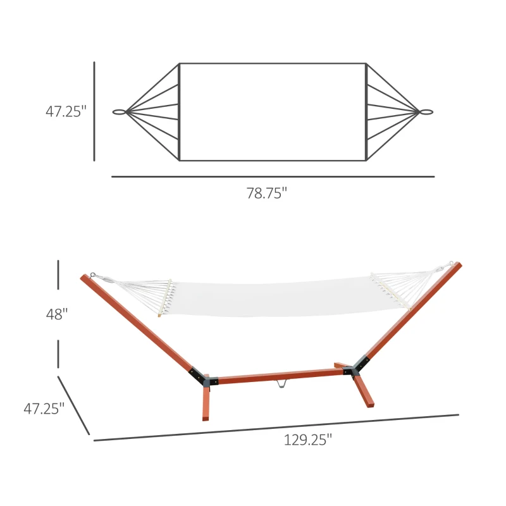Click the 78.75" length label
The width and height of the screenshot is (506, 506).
pyautogui.click(x=266, y=194)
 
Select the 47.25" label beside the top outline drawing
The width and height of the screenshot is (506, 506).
pyautogui.click(x=65, y=111)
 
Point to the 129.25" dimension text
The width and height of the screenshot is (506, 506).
pyautogui.click(x=307, y=441)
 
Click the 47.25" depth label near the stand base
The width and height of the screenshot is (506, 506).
pyautogui.click(x=44, y=409)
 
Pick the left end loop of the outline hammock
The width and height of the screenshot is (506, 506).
pyautogui.click(x=119, y=112)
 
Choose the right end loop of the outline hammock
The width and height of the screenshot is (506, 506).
pyautogui.click(x=426, y=112)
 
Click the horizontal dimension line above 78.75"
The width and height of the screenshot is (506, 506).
pyautogui.click(x=273, y=176)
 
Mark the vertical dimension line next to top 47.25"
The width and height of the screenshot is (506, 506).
pyautogui.click(x=94, y=111)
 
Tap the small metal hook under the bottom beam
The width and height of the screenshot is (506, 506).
pyautogui.click(x=281, y=384)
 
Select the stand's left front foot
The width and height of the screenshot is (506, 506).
pyautogui.click(x=205, y=404)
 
